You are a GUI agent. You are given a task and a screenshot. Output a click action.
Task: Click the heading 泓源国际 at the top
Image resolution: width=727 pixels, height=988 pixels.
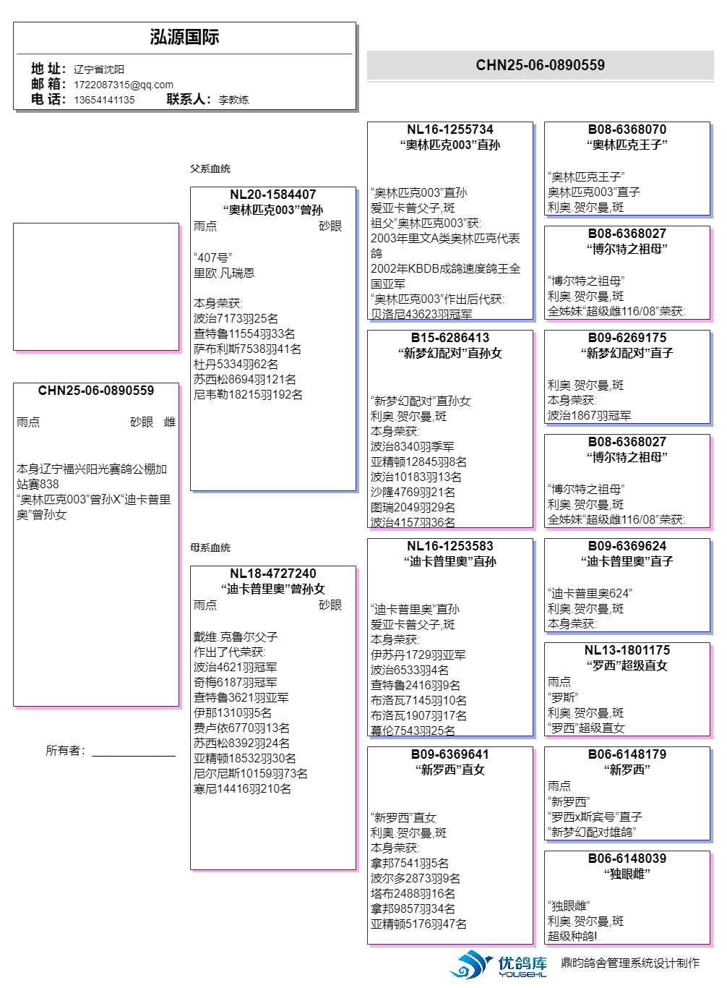[x=184, y=38]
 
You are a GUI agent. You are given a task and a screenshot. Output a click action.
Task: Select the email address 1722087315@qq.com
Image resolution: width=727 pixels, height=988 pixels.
[x=124, y=85]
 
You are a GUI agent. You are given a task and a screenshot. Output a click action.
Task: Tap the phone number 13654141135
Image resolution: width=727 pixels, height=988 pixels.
[x=104, y=100]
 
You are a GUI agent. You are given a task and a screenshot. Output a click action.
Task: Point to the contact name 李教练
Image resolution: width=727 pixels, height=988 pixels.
[x=233, y=100]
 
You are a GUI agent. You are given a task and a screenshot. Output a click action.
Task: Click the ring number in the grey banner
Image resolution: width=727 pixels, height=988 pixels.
[x=540, y=65]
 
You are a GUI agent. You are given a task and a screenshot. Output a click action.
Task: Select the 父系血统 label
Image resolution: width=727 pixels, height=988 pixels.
[x=210, y=169]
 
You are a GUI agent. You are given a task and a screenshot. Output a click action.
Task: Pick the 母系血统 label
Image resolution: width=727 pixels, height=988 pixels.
[x=210, y=548]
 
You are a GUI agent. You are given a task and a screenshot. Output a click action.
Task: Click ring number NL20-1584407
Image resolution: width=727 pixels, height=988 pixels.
[x=272, y=195]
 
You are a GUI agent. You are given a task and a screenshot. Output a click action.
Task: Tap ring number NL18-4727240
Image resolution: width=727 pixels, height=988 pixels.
[x=272, y=574]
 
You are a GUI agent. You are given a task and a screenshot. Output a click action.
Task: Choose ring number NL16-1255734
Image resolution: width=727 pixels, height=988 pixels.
[x=449, y=129]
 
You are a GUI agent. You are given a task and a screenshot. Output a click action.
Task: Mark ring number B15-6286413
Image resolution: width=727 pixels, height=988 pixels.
[x=449, y=338]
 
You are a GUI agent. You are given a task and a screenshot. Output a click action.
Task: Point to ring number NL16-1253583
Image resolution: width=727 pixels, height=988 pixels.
[x=449, y=546]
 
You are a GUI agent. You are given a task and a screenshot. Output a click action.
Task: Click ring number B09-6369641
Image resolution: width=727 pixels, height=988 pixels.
[x=449, y=754]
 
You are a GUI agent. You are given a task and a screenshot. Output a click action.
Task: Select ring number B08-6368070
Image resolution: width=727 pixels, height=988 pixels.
[x=627, y=129]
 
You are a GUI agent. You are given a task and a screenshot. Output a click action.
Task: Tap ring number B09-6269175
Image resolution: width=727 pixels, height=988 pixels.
[x=627, y=338]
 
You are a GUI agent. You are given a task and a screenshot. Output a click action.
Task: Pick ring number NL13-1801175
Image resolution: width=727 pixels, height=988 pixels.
[x=627, y=650]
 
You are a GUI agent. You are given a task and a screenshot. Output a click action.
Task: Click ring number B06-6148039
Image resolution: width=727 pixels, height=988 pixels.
[x=627, y=859]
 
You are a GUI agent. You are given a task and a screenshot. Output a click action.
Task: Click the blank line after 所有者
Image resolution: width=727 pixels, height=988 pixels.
[x=134, y=752]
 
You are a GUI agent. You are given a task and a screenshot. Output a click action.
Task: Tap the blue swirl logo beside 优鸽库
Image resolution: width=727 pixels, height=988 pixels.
[x=471, y=964]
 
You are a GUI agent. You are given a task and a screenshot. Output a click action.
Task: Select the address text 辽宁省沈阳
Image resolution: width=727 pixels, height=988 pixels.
[x=99, y=69]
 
